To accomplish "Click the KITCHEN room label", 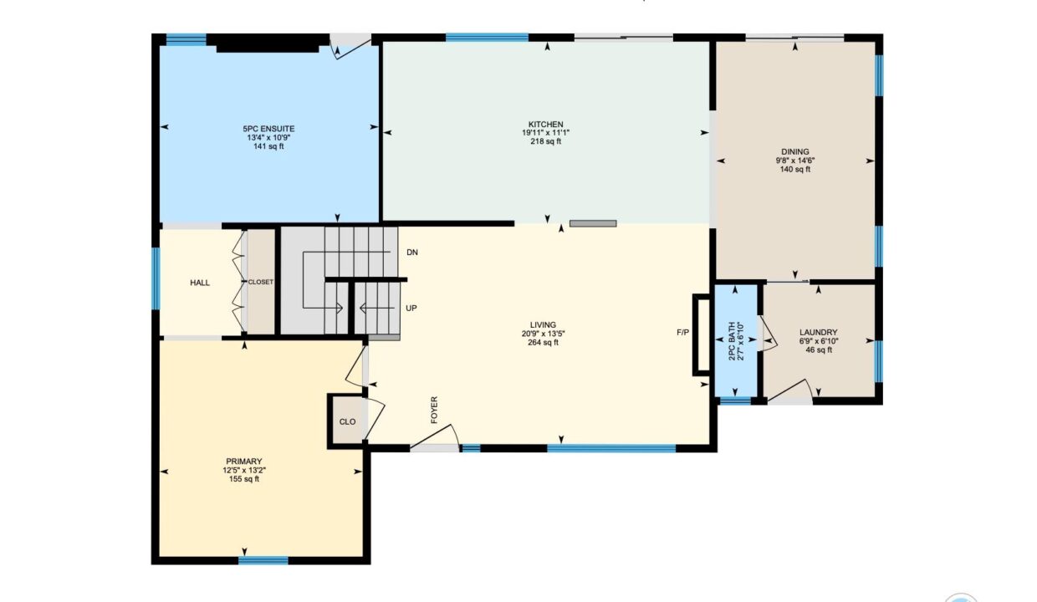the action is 546,125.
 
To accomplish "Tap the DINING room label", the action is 794,152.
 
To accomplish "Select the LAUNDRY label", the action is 818,332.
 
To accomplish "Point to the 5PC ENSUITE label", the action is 268,129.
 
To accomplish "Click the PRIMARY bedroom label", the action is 244,462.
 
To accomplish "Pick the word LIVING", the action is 543,325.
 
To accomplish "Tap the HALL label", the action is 200,283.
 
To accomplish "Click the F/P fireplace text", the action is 683,332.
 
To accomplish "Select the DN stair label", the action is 412,253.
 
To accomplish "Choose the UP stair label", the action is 411,309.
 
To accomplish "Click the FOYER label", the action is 434,410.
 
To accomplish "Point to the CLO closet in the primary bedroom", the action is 347,422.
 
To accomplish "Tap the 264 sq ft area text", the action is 543,343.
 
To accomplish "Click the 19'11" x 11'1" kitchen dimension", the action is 546,133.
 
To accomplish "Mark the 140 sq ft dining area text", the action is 794,170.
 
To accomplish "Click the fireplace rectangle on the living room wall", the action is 702,334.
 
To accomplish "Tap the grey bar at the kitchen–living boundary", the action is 593,223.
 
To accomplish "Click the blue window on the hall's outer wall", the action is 156,278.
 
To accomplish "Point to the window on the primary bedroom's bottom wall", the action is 263,560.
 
